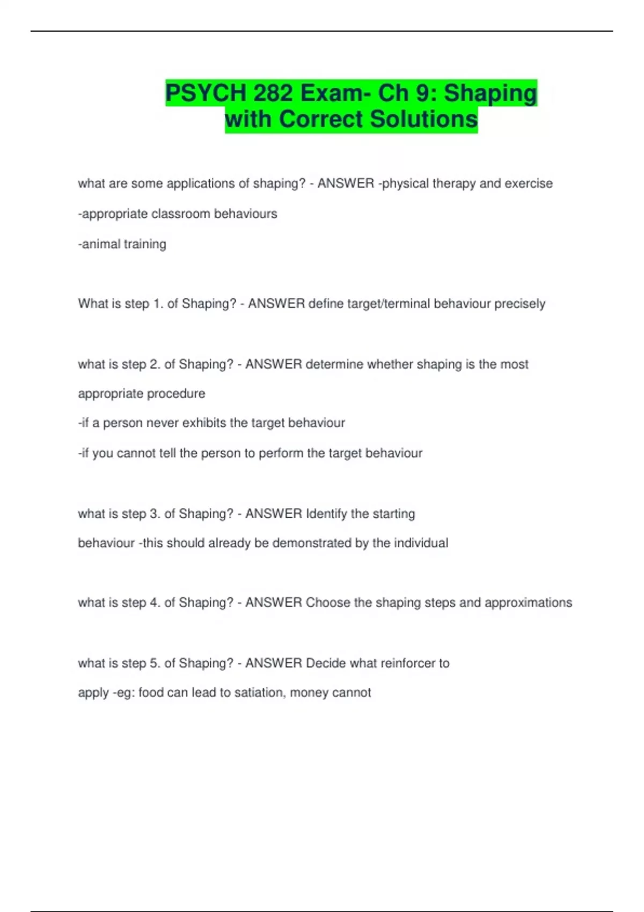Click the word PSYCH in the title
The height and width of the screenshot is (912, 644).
206,93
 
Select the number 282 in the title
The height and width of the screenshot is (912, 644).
273,93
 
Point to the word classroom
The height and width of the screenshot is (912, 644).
180,214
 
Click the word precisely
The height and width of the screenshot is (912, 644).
519,304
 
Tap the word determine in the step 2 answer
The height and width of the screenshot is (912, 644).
332,364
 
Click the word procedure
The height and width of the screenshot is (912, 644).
176,394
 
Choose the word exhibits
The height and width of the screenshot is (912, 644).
204,423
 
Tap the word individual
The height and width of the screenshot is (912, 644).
421,543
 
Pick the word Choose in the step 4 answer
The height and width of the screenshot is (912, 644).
327,602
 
